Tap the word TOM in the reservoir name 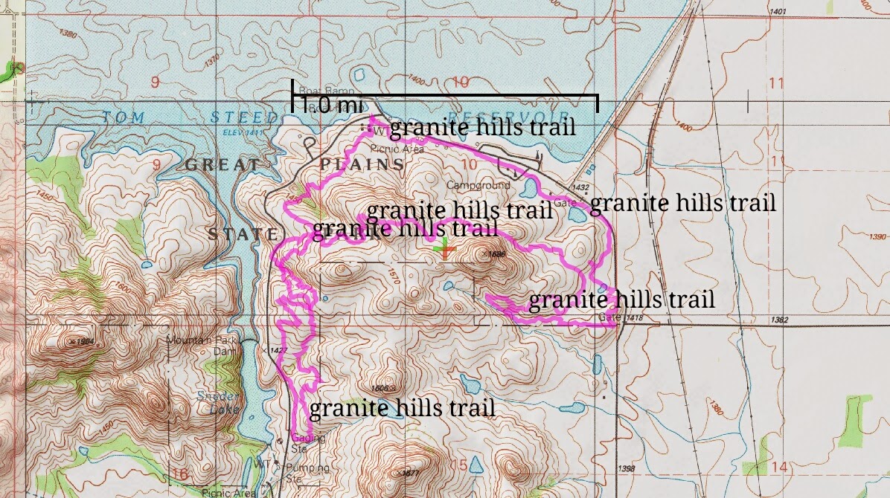coord(124,117)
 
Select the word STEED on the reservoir coord(234,117)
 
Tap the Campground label coord(478,184)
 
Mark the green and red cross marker coord(444,250)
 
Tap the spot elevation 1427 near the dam coord(276,349)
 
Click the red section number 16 coord(179,474)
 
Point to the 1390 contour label coord(878,237)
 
